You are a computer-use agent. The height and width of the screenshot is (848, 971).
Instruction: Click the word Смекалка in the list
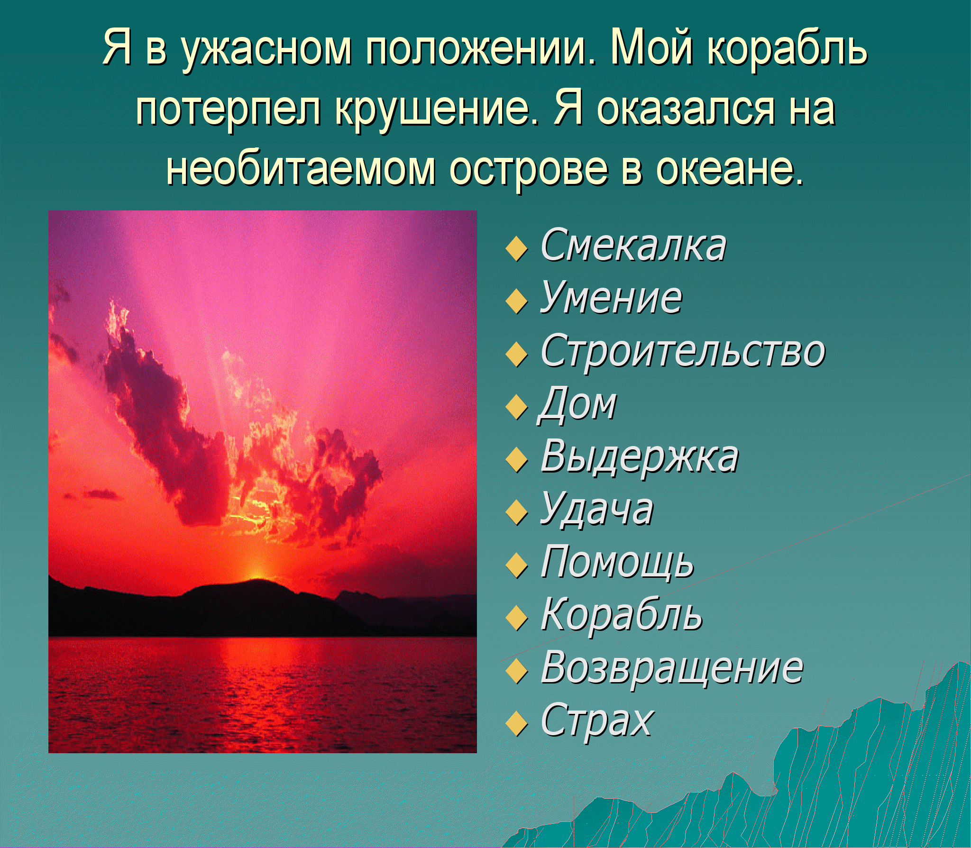[x=633, y=246]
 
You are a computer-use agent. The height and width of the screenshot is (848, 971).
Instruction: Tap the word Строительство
[x=683, y=351]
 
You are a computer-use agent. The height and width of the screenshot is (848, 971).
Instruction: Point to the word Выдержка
[x=639, y=458]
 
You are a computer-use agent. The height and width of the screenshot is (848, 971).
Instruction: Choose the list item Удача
[x=596, y=510]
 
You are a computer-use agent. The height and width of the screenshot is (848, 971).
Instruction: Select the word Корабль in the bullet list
[x=621, y=615]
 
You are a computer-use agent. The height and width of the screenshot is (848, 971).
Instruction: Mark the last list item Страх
[x=596, y=721]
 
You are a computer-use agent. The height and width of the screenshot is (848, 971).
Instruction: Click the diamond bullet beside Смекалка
[x=516, y=250]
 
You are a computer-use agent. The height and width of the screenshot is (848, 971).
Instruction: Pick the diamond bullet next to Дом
[x=516, y=408]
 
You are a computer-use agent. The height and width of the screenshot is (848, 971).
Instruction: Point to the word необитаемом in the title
[x=301, y=169]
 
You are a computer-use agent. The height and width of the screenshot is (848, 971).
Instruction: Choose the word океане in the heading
[x=730, y=169]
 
